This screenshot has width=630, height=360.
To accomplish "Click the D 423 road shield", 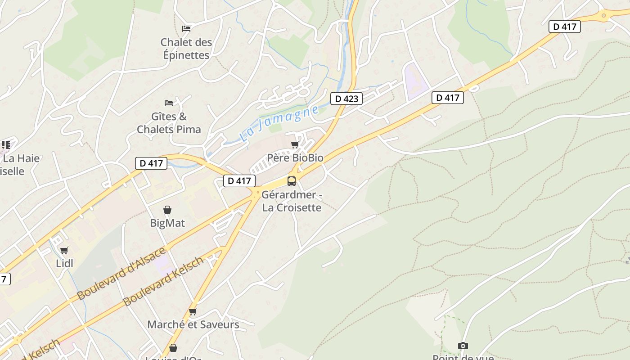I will [346, 98].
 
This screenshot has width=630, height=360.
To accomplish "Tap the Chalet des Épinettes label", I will [186, 49].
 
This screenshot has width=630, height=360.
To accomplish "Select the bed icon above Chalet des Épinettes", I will [186, 29].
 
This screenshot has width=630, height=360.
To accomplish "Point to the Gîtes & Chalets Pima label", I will [169, 123].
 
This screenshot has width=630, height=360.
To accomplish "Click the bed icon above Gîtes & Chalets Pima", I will [169, 103].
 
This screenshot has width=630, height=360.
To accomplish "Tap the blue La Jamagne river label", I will [279, 123].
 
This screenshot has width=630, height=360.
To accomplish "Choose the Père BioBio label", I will [295, 158].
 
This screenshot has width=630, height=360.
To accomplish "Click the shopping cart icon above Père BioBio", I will [295, 144].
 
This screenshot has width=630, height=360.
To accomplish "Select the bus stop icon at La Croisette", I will [292, 181].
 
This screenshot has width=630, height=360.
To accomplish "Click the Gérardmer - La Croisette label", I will [292, 202].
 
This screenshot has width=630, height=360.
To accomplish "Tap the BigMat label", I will [167, 223].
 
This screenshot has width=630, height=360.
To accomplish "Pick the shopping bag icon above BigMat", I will [167, 210].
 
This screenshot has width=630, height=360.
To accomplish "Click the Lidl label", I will [64, 263].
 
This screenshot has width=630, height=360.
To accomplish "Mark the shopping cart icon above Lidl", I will [64, 250].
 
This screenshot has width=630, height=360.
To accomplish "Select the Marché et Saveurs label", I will [193, 324].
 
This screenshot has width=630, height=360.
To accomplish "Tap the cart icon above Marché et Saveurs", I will [193, 311].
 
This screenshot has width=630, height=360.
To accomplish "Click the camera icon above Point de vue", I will [463, 346].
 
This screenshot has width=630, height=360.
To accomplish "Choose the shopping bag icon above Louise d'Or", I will [173, 348].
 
